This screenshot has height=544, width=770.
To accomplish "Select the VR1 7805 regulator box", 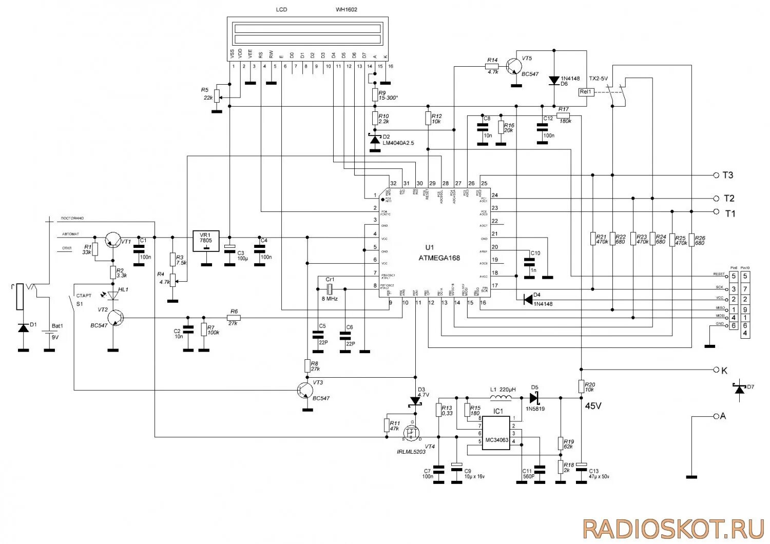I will click(206, 241).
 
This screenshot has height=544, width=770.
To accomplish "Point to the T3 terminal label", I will click(728, 176).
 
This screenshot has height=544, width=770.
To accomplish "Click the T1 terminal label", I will click(729, 213).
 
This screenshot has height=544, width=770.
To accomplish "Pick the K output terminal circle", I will click(717, 370).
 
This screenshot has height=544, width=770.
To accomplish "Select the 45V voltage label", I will click(593, 406).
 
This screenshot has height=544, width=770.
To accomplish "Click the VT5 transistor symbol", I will click(513, 66).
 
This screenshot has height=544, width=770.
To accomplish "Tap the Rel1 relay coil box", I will click(585, 92).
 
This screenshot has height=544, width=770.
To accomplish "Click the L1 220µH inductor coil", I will click(500, 398).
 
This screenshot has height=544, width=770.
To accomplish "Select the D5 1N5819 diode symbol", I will click(533, 398).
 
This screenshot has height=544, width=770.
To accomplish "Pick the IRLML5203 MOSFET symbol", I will click(412, 431).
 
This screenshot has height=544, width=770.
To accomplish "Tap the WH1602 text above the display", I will click(346, 10).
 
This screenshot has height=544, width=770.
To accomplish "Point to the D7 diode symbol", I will click(739, 390).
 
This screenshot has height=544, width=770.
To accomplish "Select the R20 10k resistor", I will click(581, 386).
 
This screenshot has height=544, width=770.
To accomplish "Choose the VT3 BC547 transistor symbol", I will click(305, 391).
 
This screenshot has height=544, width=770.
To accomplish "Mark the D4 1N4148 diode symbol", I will click(528, 300).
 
